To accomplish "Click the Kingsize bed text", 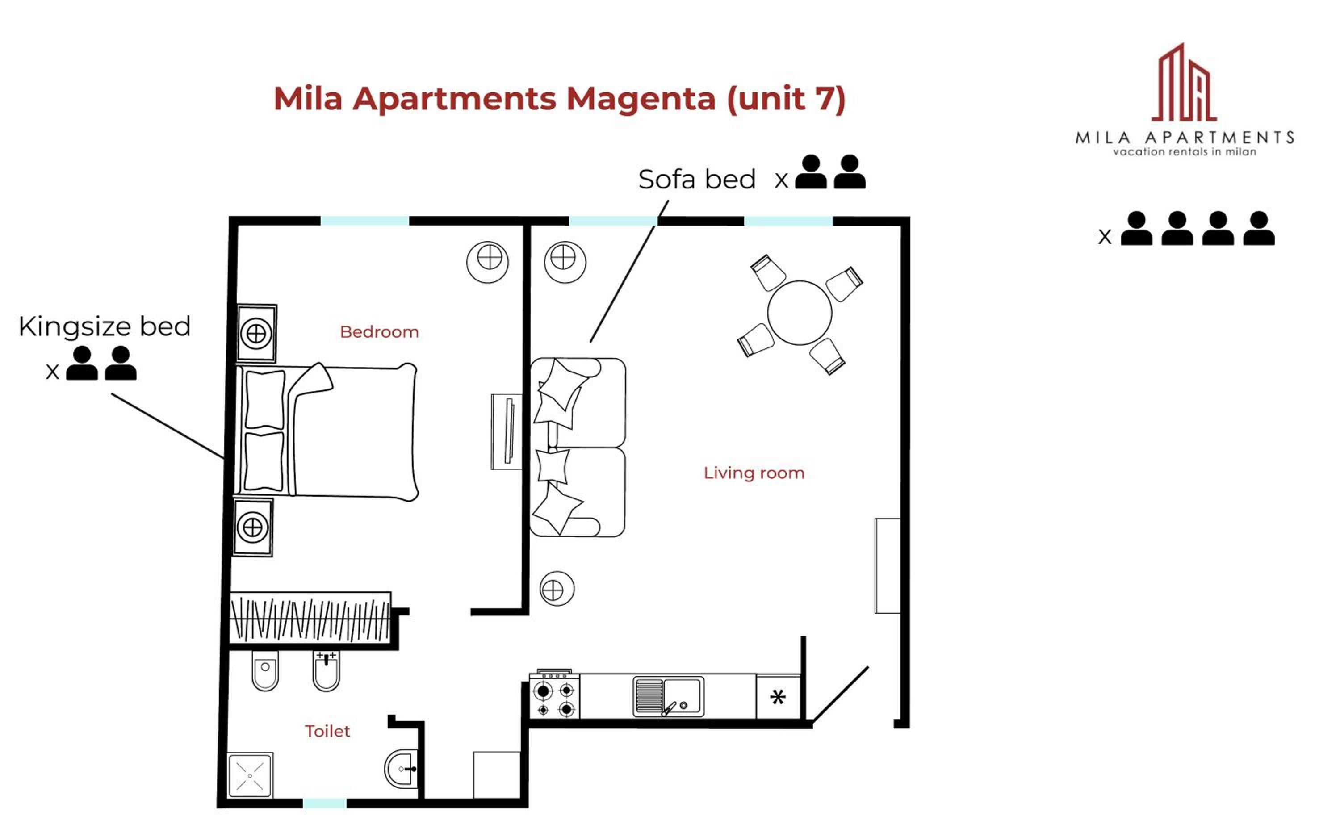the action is (x=105, y=326).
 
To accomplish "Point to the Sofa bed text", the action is (x=697, y=180).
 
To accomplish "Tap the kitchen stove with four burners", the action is (x=555, y=695).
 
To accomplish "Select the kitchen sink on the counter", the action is (x=669, y=696).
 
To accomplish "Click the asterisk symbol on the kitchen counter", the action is (x=778, y=697).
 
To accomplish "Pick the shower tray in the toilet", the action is (x=250, y=775).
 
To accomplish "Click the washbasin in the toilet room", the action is (x=401, y=769).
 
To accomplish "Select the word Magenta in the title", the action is (x=641, y=99).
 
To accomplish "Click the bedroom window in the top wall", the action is (x=365, y=221).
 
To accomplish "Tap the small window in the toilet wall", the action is (x=324, y=803).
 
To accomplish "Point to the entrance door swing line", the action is (x=840, y=694).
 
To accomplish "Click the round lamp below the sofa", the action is (x=557, y=589).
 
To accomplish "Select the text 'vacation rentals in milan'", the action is (x=1185, y=152).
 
